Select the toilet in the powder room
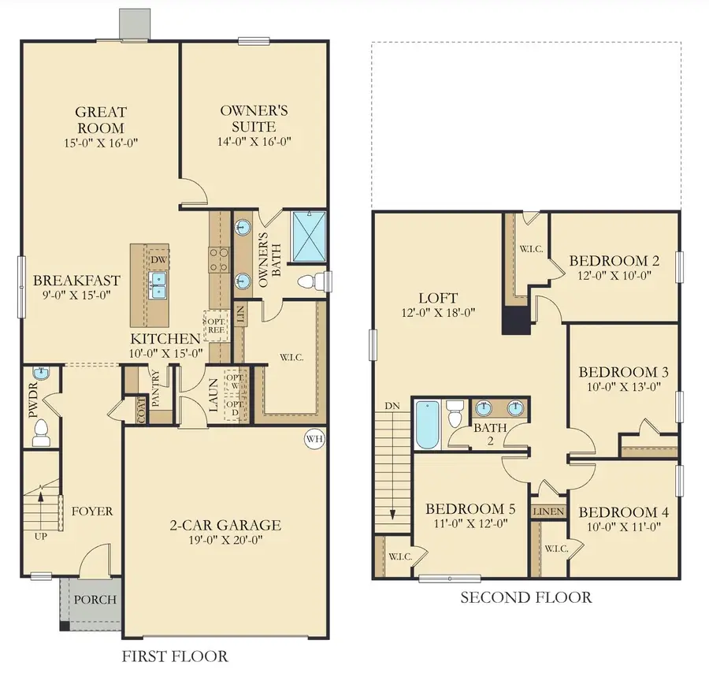(42, 430)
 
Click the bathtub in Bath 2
(425, 426)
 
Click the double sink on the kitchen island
(159, 285)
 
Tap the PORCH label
(95, 599)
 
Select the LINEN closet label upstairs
(548, 511)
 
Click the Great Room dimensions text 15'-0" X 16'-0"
(102, 143)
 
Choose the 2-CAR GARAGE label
(225, 526)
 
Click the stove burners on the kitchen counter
(218, 259)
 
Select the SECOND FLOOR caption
(525, 597)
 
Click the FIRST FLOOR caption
(175, 656)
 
